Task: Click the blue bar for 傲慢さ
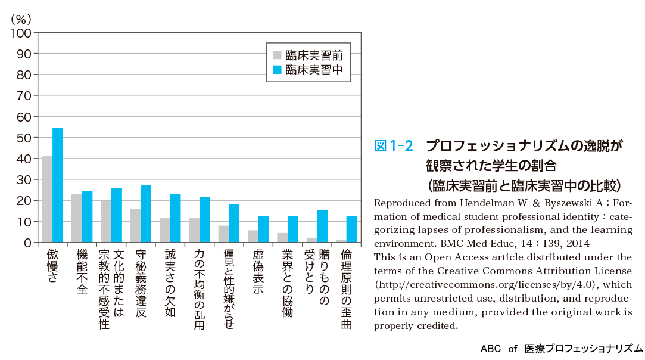(58, 185)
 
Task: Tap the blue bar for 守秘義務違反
(146, 213)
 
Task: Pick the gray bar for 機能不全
(76, 218)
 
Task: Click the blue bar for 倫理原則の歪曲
(351, 229)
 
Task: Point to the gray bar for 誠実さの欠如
(164, 230)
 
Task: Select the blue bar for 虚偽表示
(263, 229)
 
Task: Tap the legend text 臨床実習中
(314, 70)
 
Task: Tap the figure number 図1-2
(393, 145)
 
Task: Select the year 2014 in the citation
(577, 243)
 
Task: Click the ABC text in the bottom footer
(491, 349)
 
